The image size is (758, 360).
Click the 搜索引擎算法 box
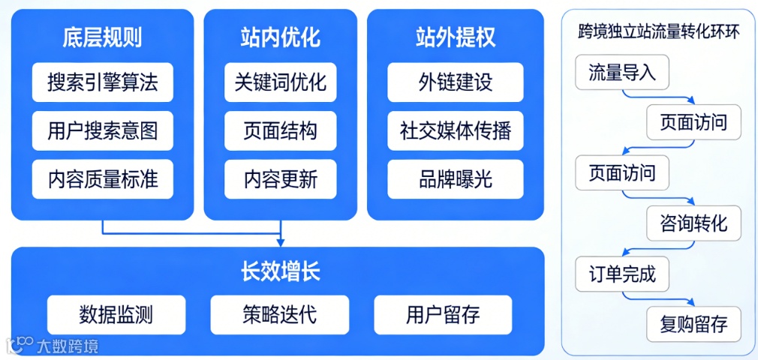click(x=102, y=82)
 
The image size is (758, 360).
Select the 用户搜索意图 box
click(x=102, y=131)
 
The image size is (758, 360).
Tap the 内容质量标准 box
click(x=102, y=179)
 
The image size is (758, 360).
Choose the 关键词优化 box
click(x=280, y=82)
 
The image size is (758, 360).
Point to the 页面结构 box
click(x=280, y=131)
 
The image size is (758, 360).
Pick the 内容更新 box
click(x=280, y=179)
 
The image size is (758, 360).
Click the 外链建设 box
click(x=455, y=82)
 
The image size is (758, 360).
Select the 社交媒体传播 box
click(x=455, y=131)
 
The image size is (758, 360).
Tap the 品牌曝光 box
click(x=455, y=179)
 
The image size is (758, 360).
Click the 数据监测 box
click(x=116, y=314)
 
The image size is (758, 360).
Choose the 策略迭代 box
click(x=279, y=314)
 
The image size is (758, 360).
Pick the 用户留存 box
click(x=443, y=314)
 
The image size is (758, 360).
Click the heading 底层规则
click(x=102, y=37)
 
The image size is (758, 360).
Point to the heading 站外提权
click(x=455, y=37)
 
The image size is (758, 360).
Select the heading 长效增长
click(x=279, y=271)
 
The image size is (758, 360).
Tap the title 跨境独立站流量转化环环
click(x=658, y=32)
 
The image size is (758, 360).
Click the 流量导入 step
click(x=622, y=73)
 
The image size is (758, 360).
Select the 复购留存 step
click(x=693, y=325)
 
